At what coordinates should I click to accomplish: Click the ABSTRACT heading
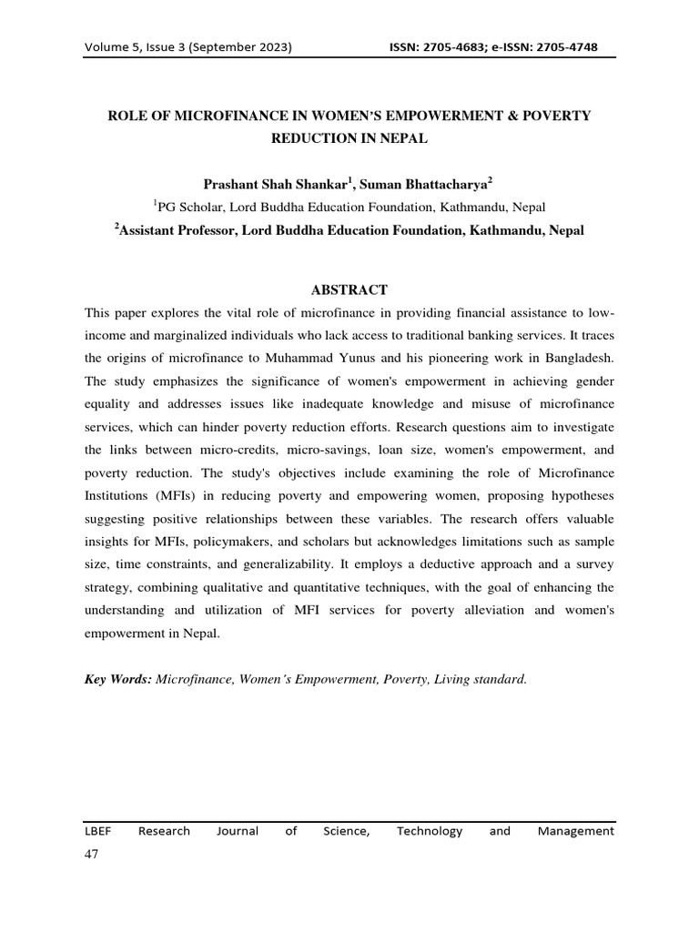click(x=349, y=290)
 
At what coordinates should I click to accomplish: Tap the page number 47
click(x=91, y=855)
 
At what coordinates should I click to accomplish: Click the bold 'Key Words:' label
click(x=118, y=678)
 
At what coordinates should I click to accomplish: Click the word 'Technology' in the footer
click(x=430, y=830)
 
